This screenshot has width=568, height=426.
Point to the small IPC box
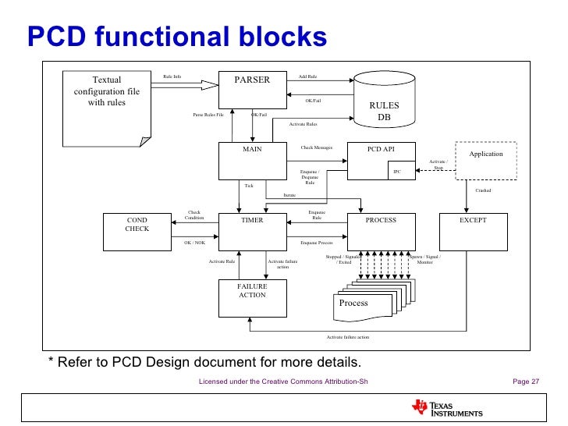[397, 171]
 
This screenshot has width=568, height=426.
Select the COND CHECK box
[137, 232]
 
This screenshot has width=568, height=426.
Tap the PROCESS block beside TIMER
[381, 232]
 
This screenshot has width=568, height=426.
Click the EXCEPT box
[473, 232]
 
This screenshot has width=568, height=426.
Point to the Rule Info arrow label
[172, 76]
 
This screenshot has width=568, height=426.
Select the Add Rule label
[307, 76]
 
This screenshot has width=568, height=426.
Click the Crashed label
[483, 190]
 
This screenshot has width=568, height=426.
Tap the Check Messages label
[316, 147]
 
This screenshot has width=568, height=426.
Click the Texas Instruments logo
[447, 408]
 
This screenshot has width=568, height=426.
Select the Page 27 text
[525, 382]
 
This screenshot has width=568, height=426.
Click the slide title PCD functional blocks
[176, 36]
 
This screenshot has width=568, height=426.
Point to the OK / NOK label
[194, 243]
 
